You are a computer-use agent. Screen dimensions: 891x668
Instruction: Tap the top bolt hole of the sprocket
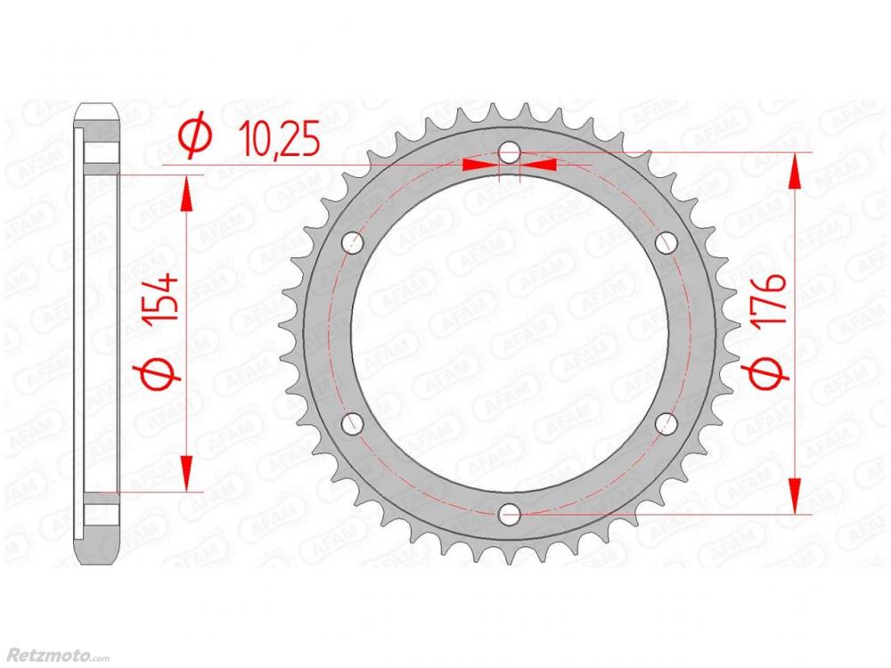pos(509,153)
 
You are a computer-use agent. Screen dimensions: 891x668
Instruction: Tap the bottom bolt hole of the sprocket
pos(509,515)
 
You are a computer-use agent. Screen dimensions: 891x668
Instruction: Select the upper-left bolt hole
pos(353,243)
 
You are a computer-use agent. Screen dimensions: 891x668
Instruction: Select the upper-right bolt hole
pos(666,243)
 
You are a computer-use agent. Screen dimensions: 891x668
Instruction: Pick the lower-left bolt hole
pos(353,424)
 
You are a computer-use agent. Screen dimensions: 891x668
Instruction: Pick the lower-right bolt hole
pos(666,424)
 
